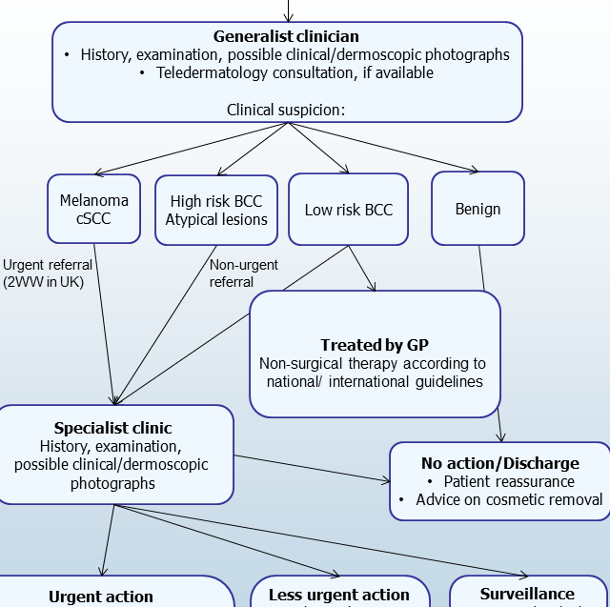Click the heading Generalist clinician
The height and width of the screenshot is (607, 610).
tap(286, 36)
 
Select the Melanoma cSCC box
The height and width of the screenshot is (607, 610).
tap(93, 209)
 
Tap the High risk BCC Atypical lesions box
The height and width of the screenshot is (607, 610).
tap(216, 211)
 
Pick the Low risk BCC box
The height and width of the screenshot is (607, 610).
tap(348, 210)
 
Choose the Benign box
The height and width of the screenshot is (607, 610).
tap(478, 209)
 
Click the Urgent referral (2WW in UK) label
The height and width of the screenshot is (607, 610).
tap(47, 273)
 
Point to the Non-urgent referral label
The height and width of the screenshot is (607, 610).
tap(243, 273)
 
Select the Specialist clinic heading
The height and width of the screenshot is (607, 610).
tap(112, 428)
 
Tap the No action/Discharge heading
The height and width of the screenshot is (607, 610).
tap(499, 463)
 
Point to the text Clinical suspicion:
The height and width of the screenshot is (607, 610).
tap(286, 110)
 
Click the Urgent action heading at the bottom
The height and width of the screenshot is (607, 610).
tap(101, 597)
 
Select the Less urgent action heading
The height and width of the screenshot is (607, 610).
tap(338, 595)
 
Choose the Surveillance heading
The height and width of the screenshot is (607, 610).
tap(527, 594)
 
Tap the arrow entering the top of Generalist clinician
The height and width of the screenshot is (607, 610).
tap(286, 10)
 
